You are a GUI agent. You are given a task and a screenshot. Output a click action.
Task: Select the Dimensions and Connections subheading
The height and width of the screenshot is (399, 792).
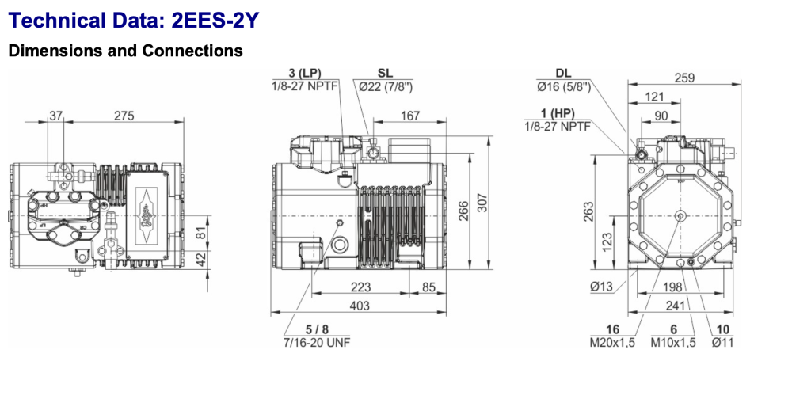125,51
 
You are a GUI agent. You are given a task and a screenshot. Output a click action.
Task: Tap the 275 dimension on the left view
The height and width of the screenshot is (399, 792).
124,116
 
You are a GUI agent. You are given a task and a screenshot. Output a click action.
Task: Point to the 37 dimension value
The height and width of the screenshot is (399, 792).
55,116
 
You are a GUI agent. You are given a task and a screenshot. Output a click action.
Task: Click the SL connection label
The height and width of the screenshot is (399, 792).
385,74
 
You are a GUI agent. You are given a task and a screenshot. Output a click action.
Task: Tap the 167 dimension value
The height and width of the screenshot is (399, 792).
409,116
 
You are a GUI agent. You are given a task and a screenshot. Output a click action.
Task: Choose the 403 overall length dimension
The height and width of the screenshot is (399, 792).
359,305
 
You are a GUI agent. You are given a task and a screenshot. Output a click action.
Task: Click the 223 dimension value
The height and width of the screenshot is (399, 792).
360,287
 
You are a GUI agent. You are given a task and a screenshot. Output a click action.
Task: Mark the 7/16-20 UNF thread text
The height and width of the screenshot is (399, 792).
316,343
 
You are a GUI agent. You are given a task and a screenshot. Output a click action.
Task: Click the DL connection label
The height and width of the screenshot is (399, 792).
563,74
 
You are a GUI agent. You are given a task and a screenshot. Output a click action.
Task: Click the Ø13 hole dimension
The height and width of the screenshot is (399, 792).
602,287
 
